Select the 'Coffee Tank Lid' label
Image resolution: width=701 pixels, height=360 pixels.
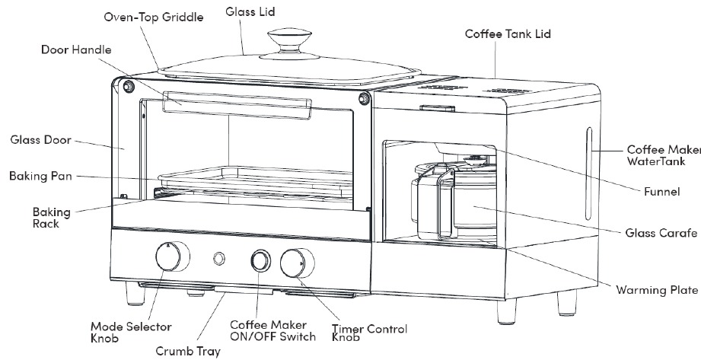(x=508, y=34)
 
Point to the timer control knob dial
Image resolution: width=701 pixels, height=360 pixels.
(x=294, y=263)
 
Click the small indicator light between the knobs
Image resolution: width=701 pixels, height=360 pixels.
(x=221, y=258)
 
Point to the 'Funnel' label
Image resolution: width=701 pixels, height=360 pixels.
(x=661, y=193)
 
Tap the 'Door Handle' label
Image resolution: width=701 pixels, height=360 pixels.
(x=76, y=50)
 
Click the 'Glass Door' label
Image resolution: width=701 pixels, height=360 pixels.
(x=40, y=140)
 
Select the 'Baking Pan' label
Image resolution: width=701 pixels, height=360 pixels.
(x=41, y=176)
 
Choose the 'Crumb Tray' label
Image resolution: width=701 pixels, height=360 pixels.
(x=188, y=351)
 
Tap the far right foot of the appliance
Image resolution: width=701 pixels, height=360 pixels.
(x=566, y=303)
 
